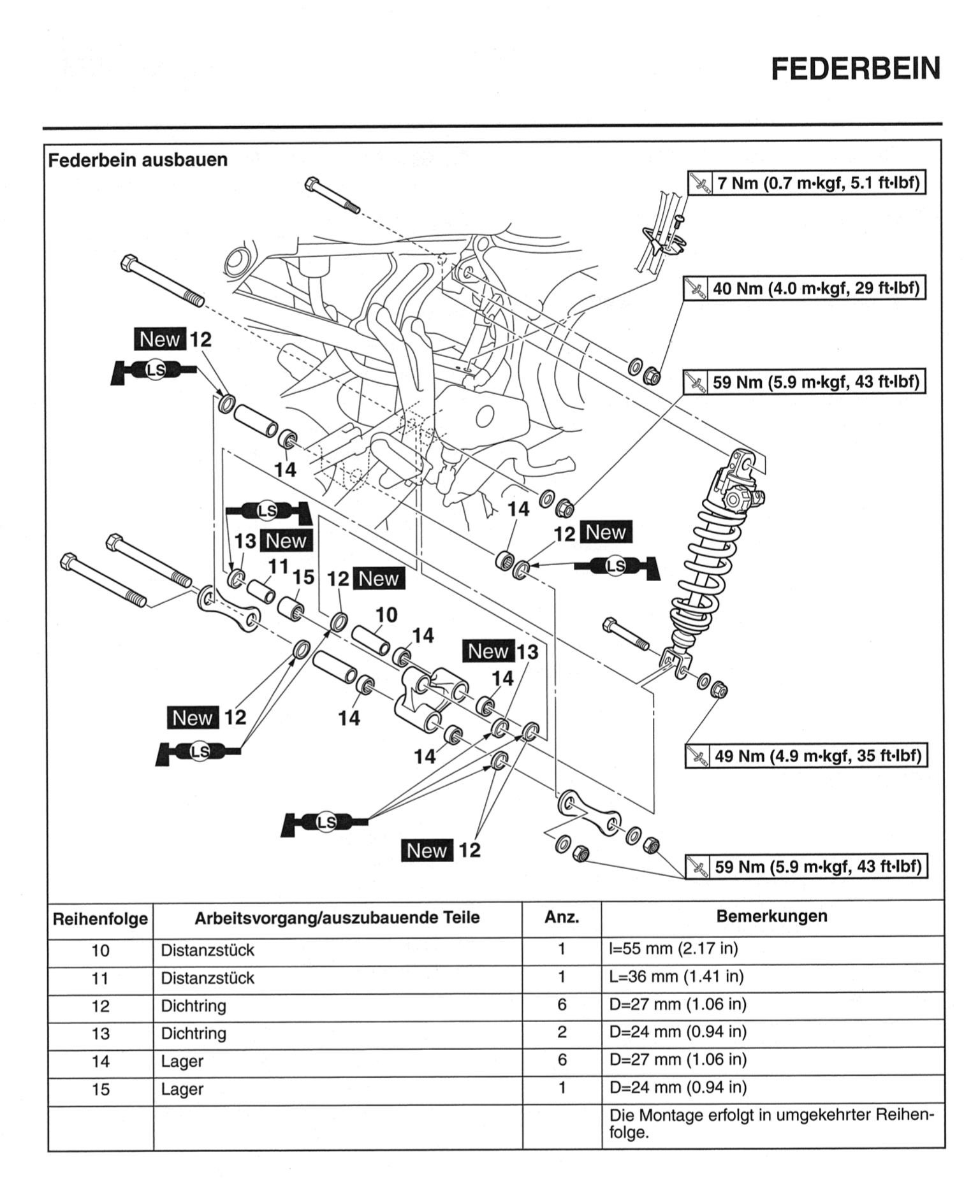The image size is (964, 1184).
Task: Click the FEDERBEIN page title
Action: coord(856,69)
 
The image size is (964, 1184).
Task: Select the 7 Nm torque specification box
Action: coord(807,183)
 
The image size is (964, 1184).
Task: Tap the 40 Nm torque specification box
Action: coord(804,288)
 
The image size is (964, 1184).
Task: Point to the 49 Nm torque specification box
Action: coord(806,756)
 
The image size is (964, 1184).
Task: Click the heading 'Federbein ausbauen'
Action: coord(138,159)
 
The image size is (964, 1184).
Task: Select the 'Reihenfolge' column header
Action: coord(100,919)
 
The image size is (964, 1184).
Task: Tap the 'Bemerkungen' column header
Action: coord(771,916)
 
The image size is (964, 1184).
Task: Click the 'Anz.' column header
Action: coord(561,918)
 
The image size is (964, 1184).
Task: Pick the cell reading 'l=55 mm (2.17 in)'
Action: coord(673,949)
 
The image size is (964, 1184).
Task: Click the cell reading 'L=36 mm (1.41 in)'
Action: coord(676,977)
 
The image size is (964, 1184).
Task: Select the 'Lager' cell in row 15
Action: coord(182,1089)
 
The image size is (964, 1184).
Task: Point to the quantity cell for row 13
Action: coord(561,1032)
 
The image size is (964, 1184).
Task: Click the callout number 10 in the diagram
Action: coord(386,615)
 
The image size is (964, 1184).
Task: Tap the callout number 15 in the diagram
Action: coord(303,577)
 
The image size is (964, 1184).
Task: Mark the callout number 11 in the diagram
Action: coord(279,566)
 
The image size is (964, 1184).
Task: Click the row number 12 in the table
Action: coord(100,1006)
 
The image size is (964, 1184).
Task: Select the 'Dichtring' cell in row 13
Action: coord(194,1033)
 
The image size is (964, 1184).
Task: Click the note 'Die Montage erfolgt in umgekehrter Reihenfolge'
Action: coord(771,1123)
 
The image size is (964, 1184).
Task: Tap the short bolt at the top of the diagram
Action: coord(332,194)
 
